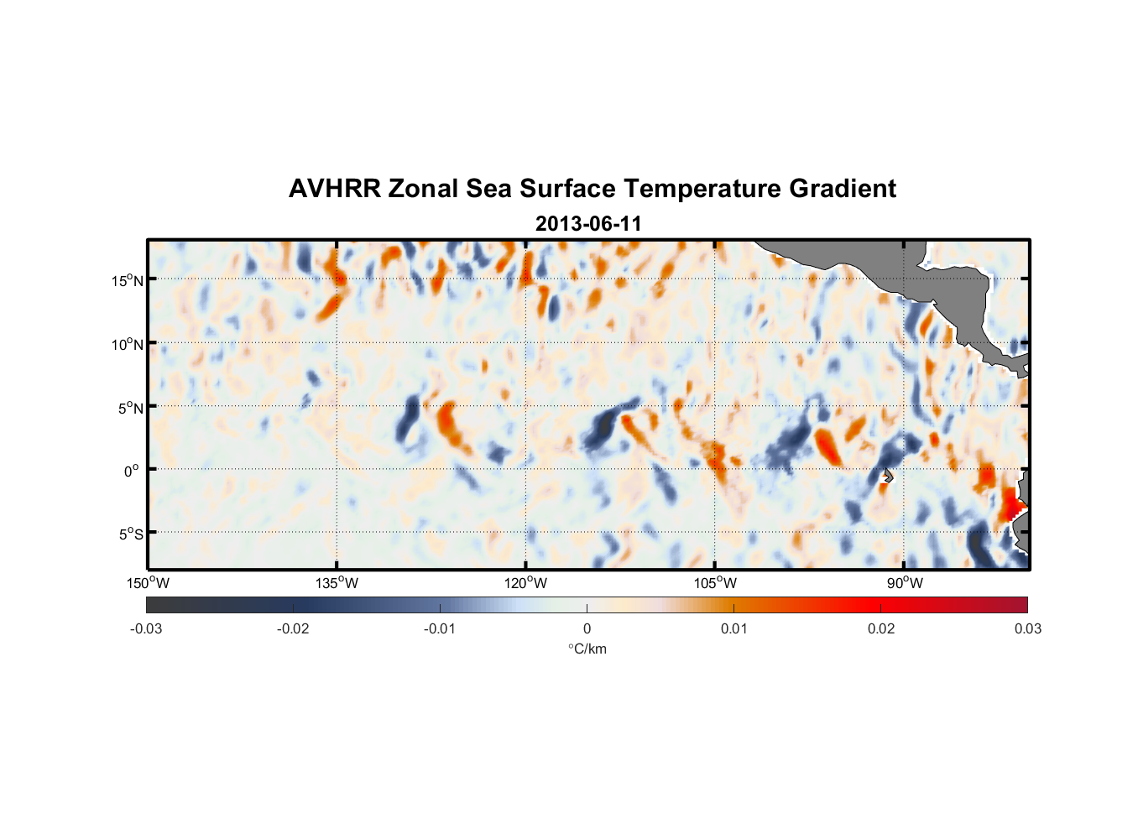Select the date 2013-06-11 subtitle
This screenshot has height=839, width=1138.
pyautogui.click(x=588, y=224)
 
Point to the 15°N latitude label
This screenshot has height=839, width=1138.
pyautogui.click(x=128, y=280)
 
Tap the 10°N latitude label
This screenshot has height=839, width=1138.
pyautogui.click(x=128, y=344)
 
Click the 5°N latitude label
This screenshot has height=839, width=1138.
pyautogui.click(x=131, y=408)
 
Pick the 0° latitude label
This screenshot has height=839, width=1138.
pyautogui.click(x=133, y=471)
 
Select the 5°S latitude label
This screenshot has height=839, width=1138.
pyautogui.click(x=131, y=534)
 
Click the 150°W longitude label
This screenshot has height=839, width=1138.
pyautogui.click(x=148, y=583)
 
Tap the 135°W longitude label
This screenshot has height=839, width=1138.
pyautogui.click(x=337, y=583)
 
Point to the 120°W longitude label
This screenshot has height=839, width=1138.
pyautogui.click(x=526, y=583)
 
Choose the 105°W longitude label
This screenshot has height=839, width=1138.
pyautogui.click(x=715, y=583)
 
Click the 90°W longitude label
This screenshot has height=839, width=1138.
pyautogui.click(x=905, y=583)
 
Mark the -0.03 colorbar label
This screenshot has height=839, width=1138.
pyautogui.click(x=146, y=629)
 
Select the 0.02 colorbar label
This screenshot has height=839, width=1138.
pyautogui.click(x=881, y=629)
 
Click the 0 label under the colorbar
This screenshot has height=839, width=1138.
pyautogui.click(x=587, y=629)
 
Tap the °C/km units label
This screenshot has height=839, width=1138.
pyautogui.click(x=587, y=649)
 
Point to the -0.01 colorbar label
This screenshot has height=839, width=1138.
pyautogui.click(x=440, y=629)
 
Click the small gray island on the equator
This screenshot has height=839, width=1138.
pyautogui.click(x=887, y=476)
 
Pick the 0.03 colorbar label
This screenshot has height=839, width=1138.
pyautogui.click(x=1027, y=629)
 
